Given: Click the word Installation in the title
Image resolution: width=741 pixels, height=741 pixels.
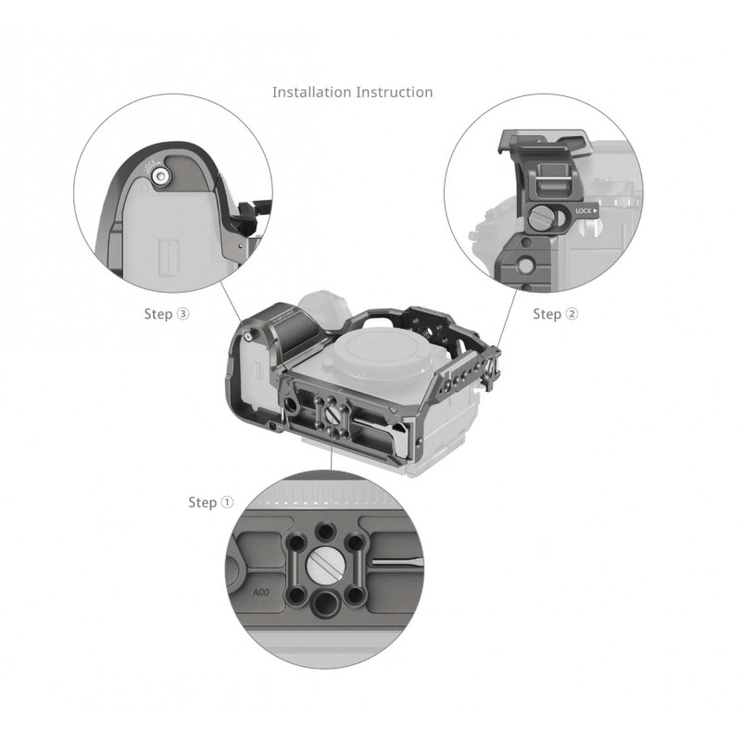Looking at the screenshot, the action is pos(312,92).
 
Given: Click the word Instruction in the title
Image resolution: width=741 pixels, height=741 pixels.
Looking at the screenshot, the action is pos(395,92).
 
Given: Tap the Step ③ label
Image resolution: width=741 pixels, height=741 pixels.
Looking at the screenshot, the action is pos(167,314).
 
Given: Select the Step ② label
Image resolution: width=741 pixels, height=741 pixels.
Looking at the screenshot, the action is pos(555,314).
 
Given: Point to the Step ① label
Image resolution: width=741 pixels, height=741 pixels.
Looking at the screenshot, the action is pos(211,502).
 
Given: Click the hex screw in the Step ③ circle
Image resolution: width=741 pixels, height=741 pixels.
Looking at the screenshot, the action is pos(160,177).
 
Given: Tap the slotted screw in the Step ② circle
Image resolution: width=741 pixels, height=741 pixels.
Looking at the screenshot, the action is pos(540,219).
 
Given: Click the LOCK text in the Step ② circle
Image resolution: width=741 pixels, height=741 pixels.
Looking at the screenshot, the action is pos(584,211).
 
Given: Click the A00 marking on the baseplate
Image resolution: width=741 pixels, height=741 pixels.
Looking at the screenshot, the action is pos(261,592).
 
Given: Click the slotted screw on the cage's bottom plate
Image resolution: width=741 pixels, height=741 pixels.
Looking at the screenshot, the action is pos(333,414).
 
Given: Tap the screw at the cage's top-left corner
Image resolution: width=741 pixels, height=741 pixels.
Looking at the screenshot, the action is pos(248,335).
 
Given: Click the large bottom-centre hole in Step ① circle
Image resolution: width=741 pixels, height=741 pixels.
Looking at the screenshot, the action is pos(325,604).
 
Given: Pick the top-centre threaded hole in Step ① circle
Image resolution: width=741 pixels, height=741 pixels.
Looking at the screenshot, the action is pos(324,531).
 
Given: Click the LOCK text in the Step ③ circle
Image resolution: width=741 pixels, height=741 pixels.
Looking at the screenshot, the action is pos(149,167).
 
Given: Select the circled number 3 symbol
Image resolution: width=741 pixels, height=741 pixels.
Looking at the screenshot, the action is pos(182,314).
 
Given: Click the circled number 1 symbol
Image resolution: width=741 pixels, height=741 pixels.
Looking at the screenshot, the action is pos(227,502).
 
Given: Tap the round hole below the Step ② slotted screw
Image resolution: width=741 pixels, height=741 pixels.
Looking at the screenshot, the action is pos(525,264).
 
